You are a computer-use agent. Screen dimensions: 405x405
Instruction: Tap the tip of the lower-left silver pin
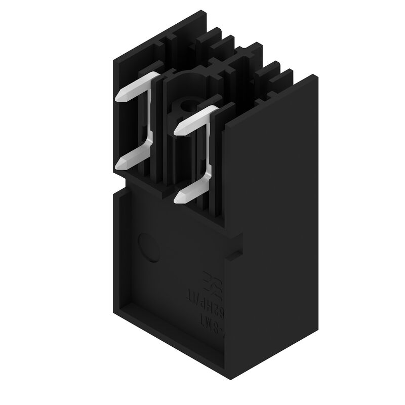pyautogui.click(x=121, y=164)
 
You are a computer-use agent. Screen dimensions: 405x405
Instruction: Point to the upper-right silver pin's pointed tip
pyautogui.click(x=178, y=130)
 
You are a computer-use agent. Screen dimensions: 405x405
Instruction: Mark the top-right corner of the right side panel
pyautogui.click(x=316, y=76)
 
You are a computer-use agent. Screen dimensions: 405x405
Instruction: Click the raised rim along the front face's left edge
pyautogui.click(x=118, y=253)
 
